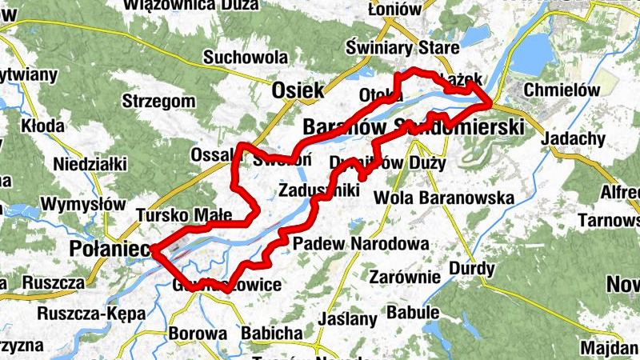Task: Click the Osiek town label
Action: point(298,90)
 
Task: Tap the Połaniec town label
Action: point(109,249)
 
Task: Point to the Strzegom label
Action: point(159,102)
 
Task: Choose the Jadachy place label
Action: point(573,138)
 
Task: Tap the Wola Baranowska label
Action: point(449,197)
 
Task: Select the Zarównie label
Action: point(406,277)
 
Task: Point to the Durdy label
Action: point(472,268)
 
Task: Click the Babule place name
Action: point(414,312)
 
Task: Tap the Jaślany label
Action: point(347,318)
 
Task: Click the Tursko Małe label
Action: point(184,215)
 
